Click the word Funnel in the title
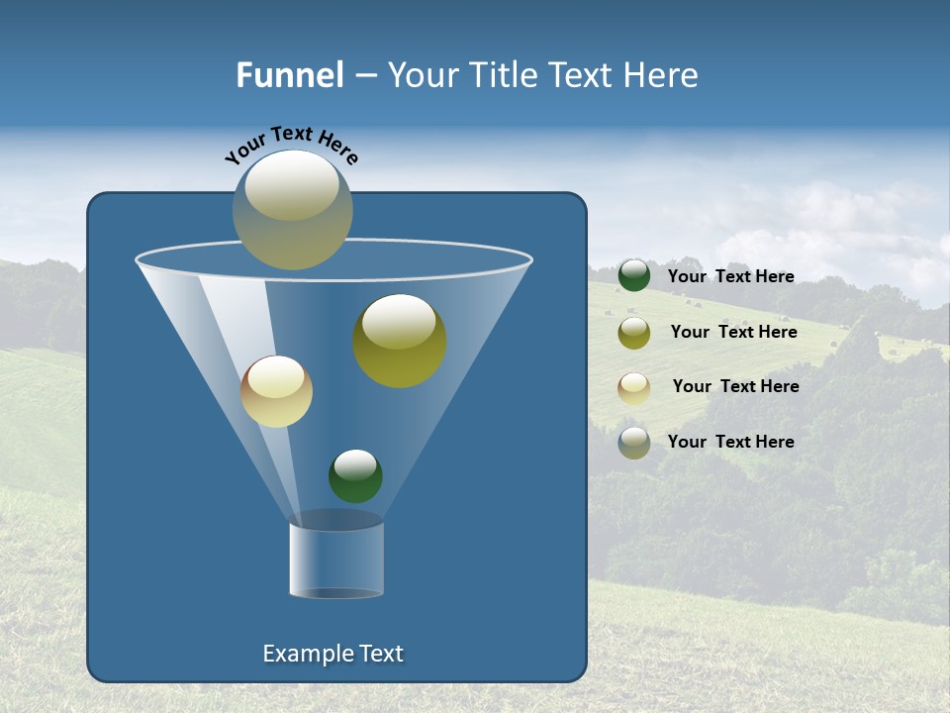289,75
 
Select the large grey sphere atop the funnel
293,210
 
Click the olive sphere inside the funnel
400,342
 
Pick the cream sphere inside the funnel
276,391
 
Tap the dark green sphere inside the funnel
355,476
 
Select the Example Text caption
332,654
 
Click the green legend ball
634,275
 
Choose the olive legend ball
634,332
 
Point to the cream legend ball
634,387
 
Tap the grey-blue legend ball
634,443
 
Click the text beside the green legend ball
730,276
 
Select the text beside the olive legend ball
733,332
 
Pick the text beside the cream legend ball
735,386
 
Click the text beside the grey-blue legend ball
730,442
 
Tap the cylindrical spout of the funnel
336,560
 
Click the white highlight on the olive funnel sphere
399,320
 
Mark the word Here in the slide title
662,75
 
